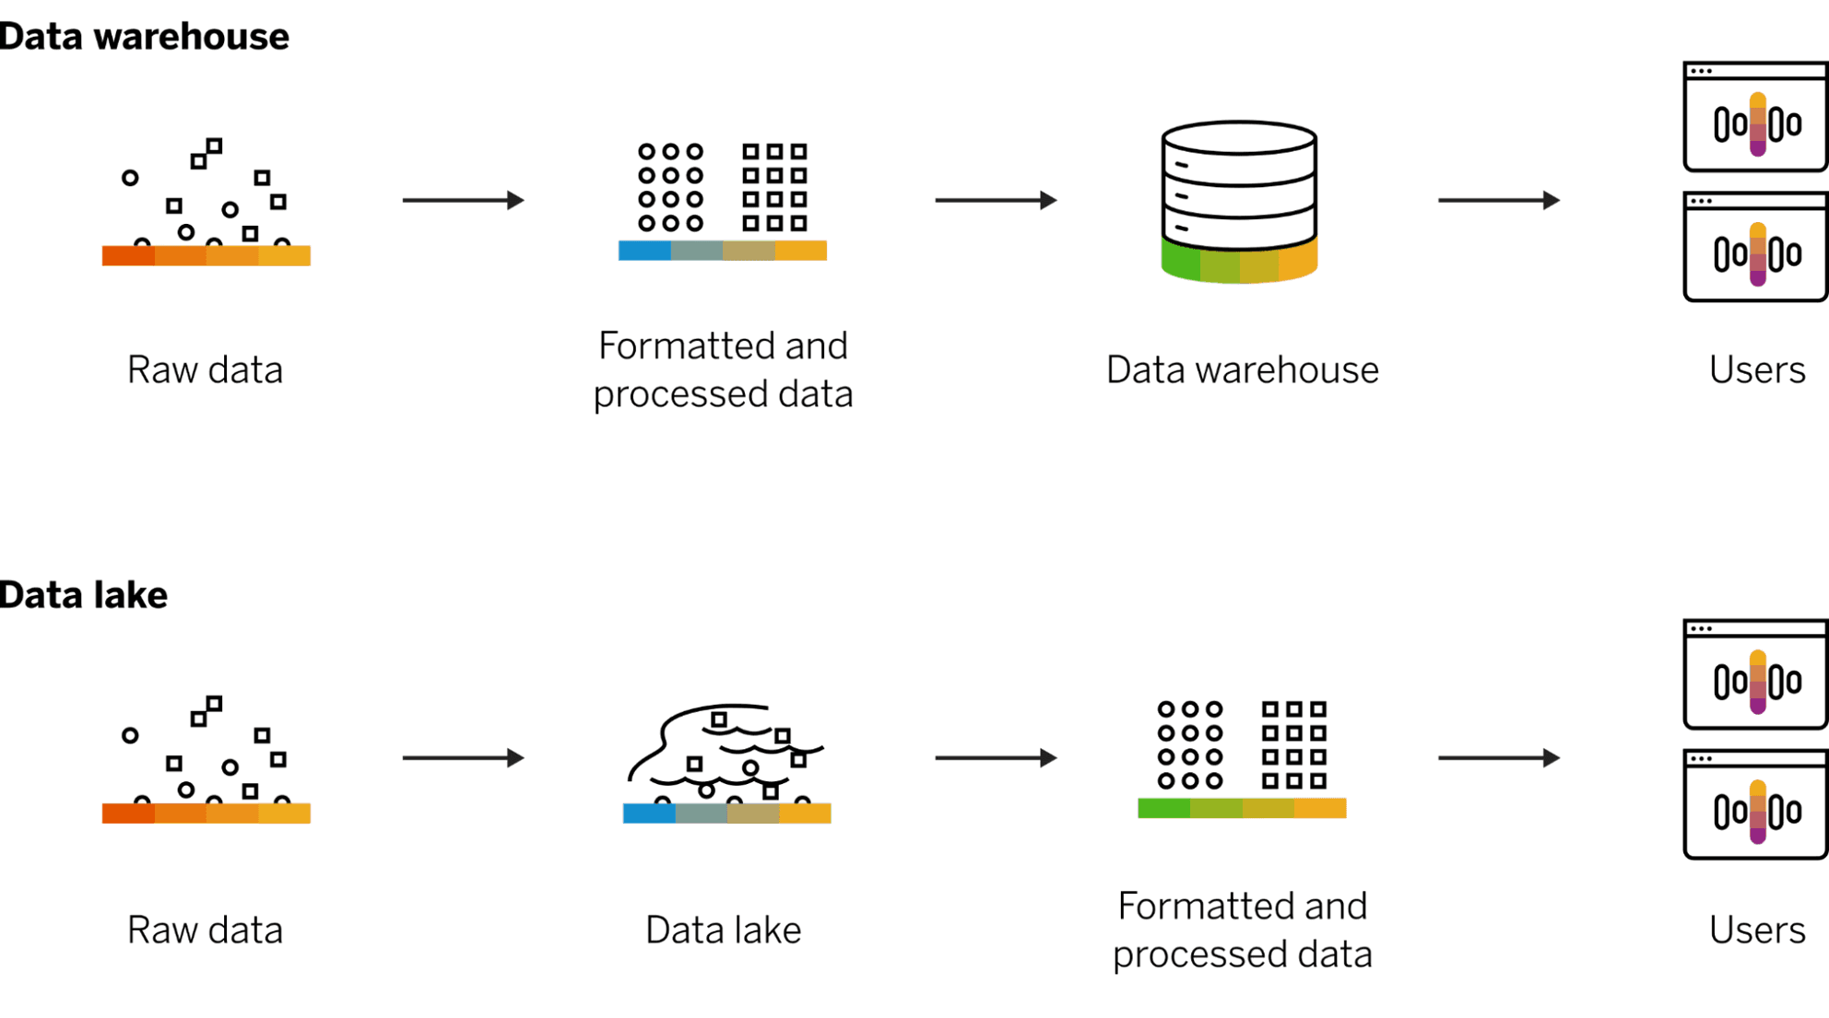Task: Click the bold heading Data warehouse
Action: (144, 37)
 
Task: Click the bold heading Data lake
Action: (84, 595)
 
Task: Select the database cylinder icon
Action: (1239, 201)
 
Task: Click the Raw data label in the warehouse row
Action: (205, 370)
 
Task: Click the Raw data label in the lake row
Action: (205, 930)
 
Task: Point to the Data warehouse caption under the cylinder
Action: (1242, 370)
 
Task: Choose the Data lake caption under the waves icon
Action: (723, 930)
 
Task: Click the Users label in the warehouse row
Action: (1756, 370)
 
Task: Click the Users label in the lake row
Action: (1756, 930)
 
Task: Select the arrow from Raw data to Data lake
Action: (463, 758)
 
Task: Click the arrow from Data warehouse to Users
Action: (1498, 200)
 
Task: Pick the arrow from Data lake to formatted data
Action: (996, 758)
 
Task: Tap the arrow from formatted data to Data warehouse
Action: (996, 200)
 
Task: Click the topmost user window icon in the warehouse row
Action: (1755, 117)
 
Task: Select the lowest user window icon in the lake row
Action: (1755, 804)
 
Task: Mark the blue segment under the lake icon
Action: (649, 813)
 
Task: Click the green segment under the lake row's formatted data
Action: (1163, 809)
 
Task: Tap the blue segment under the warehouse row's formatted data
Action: (644, 251)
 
